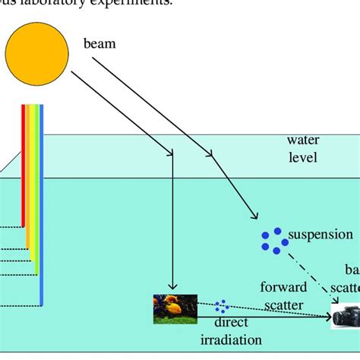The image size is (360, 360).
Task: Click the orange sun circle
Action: [x=36, y=51]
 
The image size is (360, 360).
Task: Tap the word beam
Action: [x=99, y=44]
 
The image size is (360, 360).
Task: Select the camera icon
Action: [x=346, y=314]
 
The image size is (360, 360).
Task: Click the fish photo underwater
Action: [x=175, y=308]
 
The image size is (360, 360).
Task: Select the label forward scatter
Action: [x=283, y=295]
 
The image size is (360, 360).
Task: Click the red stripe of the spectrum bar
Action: [x=24, y=167]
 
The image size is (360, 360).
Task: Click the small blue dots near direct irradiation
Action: [x=222, y=306]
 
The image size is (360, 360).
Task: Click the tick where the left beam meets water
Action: [x=174, y=155]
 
